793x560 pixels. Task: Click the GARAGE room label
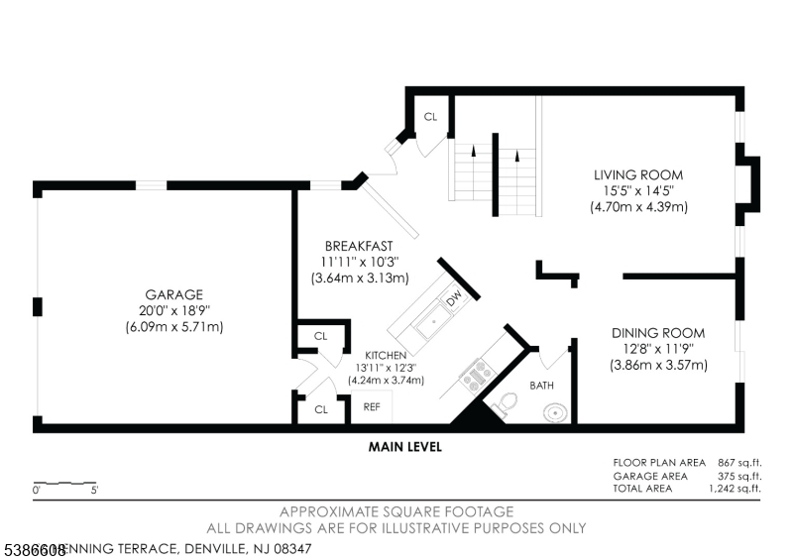(x=174, y=294)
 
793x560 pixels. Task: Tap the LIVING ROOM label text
(x=638, y=175)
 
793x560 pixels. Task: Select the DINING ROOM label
(x=658, y=333)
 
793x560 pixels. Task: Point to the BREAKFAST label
(x=359, y=246)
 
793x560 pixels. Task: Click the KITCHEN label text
(x=386, y=354)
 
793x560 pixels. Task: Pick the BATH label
(x=541, y=385)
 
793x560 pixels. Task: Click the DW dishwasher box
(x=453, y=298)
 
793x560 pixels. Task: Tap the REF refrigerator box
(x=372, y=406)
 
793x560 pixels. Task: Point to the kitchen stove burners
(x=475, y=374)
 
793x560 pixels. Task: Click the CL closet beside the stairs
(x=430, y=117)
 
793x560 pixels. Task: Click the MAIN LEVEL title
(x=404, y=447)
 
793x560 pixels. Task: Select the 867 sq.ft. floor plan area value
(x=737, y=463)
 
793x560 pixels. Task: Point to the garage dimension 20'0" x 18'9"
(x=174, y=310)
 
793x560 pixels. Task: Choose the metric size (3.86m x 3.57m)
(x=658, y=365)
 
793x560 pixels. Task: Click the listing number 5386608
(x=34, y=548)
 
